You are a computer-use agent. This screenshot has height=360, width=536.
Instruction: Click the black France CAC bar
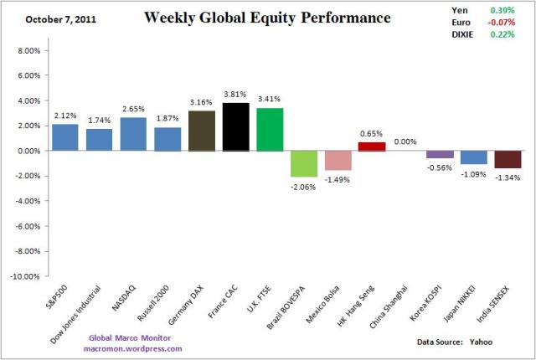[x=235, y=126]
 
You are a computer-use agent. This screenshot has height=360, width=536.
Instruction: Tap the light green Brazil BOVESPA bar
[x=304, y=163]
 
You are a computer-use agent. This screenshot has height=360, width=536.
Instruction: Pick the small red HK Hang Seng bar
[x=372, y=147]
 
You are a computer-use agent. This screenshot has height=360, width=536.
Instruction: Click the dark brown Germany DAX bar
[x=201, y=131]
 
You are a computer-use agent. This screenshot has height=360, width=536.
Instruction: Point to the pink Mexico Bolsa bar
[x=338, y=160]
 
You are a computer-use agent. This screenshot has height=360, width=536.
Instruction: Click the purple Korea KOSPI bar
[x=440, y=154]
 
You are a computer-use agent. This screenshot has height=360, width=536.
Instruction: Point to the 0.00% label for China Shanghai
[x=405, y=142]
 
